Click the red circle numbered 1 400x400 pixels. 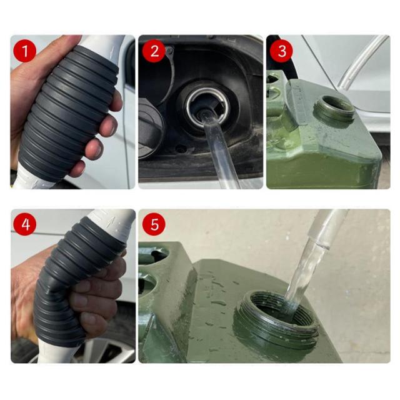[25, 51]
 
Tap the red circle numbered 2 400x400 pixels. [154, 51]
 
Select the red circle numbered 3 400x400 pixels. [281, 51]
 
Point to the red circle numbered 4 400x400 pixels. [25, 224]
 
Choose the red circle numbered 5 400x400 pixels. [154, 224]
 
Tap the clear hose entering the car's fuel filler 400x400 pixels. [219, 151]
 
